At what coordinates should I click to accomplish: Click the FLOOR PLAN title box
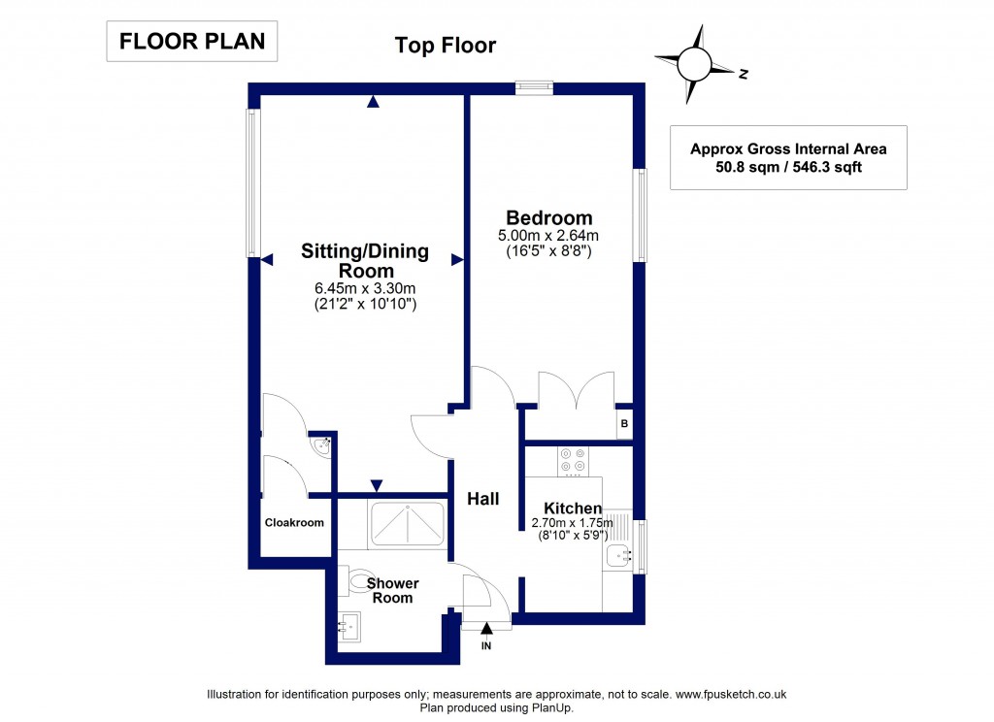(191, 42)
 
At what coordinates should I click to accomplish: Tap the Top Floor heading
(446, 45)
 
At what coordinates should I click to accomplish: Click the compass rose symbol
(695, 65)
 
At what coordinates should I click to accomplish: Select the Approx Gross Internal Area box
(788, 157)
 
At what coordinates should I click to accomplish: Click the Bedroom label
(548, 217)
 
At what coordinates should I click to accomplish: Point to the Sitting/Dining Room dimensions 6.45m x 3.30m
(365, 288)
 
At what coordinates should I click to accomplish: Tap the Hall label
(483, 499)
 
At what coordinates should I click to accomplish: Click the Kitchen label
(572, 509)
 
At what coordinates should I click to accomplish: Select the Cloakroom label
(294, 523)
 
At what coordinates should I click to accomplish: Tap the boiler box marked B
(624, 424)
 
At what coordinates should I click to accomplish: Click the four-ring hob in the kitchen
(570, 462)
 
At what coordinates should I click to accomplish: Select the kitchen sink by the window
(616, 556)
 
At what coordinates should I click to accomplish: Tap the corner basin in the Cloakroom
(323, 446)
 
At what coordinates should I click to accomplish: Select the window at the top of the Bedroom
(534, 87)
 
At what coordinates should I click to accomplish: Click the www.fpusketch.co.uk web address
(731, 694)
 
